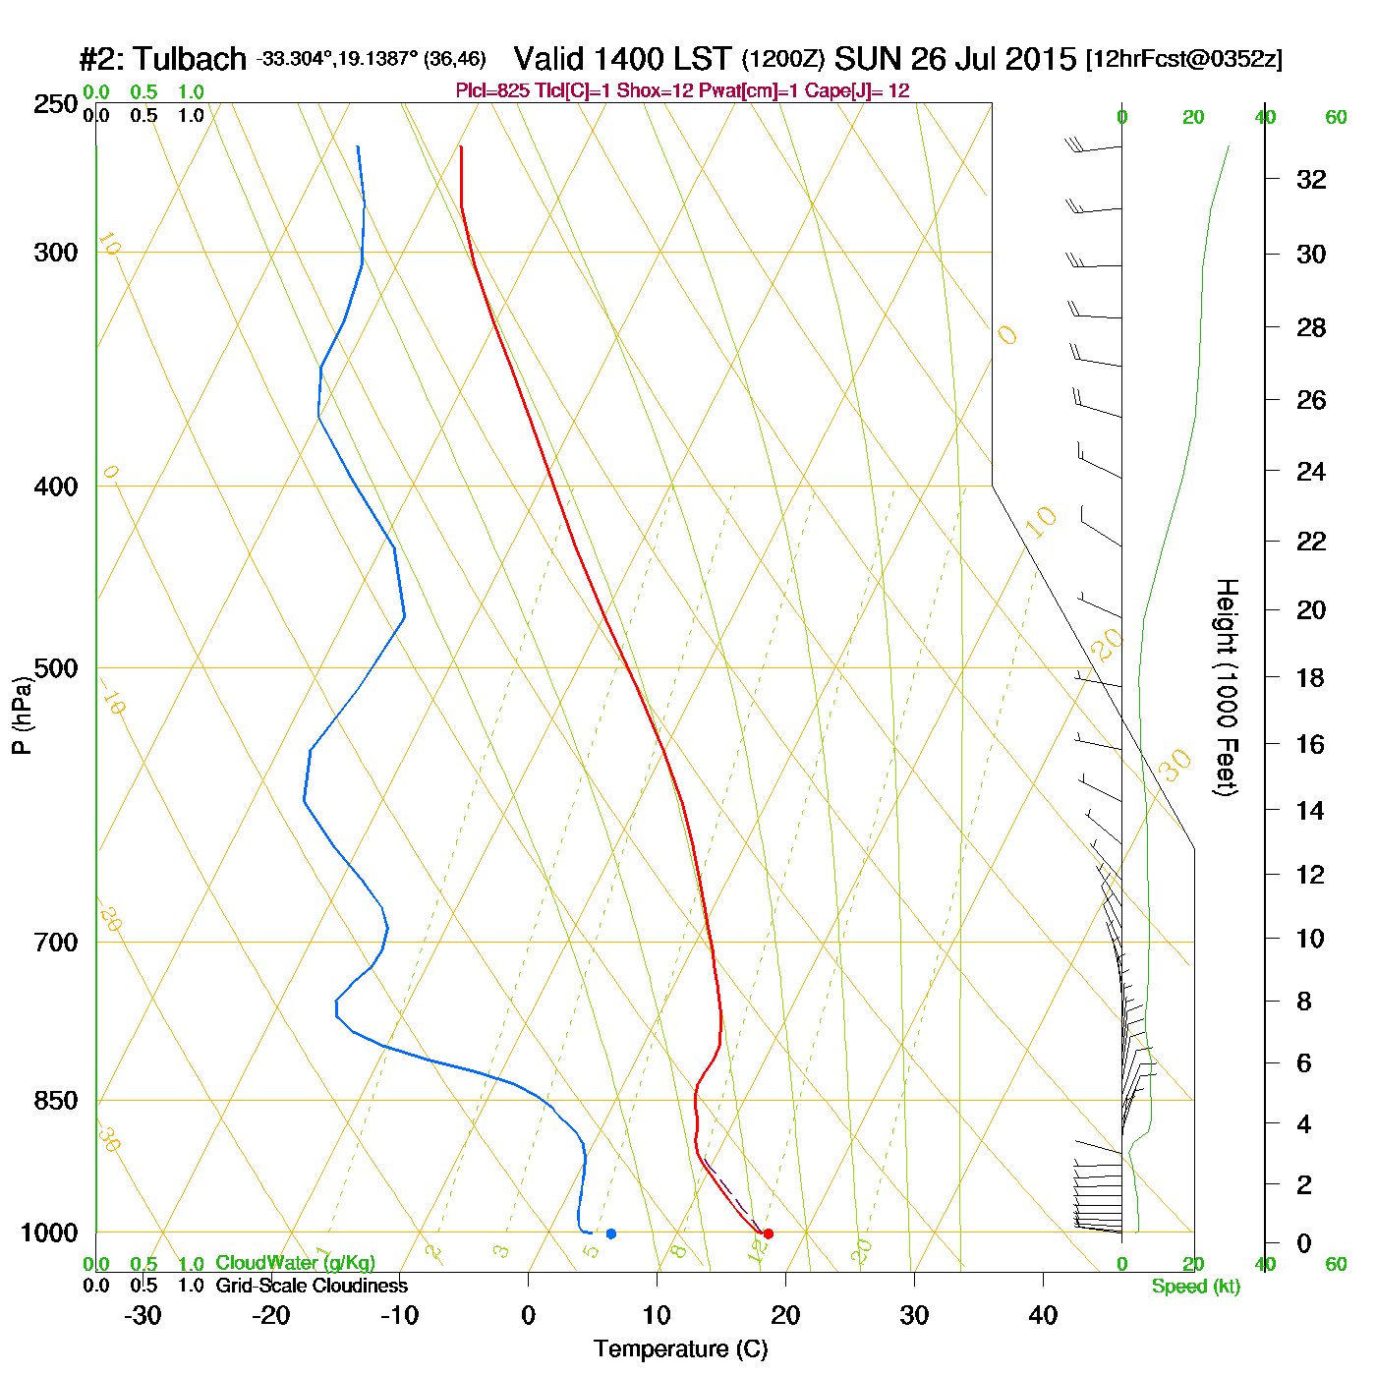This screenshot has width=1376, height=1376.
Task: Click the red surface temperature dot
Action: [x=768, y=1233]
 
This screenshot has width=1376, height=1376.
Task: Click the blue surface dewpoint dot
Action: [x=611, y=1233]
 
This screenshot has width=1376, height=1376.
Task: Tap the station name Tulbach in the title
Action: [x=190, y=59]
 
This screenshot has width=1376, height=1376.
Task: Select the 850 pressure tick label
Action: [x=56, y=1101]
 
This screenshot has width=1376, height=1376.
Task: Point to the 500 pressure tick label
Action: [x=56, y=668]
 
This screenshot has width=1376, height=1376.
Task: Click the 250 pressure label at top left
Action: [x=56, y=104]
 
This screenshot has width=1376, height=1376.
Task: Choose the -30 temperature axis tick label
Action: [x=143, y=1315]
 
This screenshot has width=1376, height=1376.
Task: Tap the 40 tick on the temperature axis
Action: [x=1043, y=1315]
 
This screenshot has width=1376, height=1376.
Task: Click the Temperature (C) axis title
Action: [x=680, y=1349]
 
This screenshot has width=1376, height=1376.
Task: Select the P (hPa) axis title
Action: [x=22, y=715]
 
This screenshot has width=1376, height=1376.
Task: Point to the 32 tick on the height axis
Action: [x=1311, y=180]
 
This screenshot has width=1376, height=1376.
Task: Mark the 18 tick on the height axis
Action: [x=1311, y=677]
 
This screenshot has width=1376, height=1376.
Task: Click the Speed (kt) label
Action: [x=1196, y=1287]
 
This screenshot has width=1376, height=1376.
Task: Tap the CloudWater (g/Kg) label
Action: [x=295, y=1263]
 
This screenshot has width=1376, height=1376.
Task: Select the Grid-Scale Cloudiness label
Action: [x=312, y=1286]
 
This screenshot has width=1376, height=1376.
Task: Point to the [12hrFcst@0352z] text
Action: [x=1183, y=59]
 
